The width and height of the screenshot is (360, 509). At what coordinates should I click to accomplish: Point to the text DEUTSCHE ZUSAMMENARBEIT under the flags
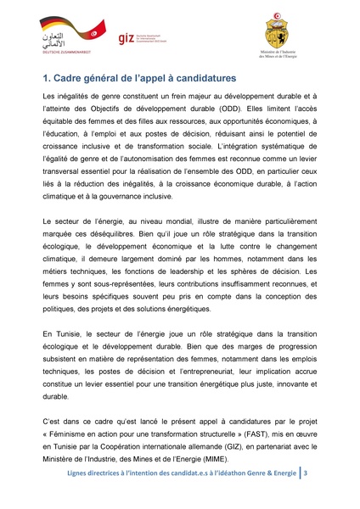coord(65,55)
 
